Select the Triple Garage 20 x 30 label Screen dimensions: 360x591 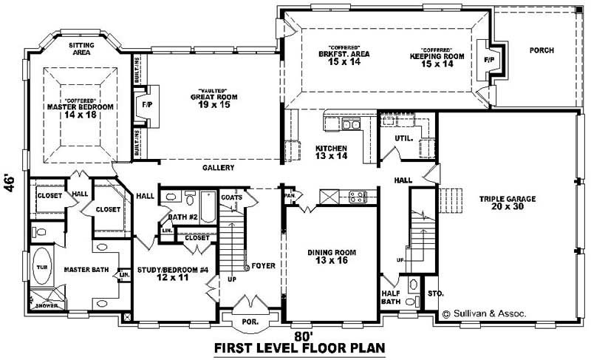(506, 203)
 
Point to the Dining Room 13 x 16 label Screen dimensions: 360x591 (332, 257)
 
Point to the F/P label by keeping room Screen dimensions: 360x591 (488, 58)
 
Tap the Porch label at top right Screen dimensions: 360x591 (541, 50)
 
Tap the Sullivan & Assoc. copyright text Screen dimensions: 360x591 (483, 313)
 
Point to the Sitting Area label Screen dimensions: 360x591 (81, 50)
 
